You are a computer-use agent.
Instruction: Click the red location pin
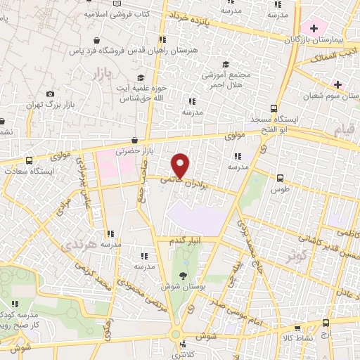[x=181, y=165]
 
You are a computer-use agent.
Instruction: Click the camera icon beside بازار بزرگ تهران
[x=49, y=94]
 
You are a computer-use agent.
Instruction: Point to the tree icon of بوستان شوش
[x=184, y=276]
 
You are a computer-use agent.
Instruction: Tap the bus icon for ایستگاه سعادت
[x=29, y=160]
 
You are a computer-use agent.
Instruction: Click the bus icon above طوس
[x=281, y=178]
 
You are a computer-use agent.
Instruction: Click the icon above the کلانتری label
[x=183, y=344]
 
